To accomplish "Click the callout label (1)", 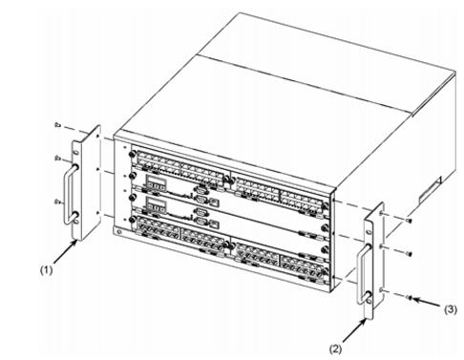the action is (x=46, y=270).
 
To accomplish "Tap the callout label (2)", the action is (x=335, y=349).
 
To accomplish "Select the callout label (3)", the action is (x=451, y=309).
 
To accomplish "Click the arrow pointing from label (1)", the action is (x=65, y=252).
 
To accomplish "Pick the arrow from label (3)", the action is (x=427, y=302).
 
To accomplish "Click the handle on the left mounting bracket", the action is (x=71, y=193).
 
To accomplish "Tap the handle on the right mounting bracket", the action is (x=363, y=274).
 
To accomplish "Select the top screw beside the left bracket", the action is (x=57, y=125).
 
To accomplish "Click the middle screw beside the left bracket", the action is (x=57, y=158).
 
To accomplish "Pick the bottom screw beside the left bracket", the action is (x=57, y=201).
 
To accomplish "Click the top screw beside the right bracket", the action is (x=410, y=221).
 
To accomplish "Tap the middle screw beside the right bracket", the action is (x=410, y=254).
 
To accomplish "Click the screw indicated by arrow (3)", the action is (x=410, y=298).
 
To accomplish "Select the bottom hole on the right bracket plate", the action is (x=369, y=300).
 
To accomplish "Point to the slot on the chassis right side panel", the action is (x=430, y=190).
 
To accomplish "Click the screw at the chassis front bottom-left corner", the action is (x=118, y=231).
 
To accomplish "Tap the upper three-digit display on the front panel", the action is (x=156, y=184).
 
